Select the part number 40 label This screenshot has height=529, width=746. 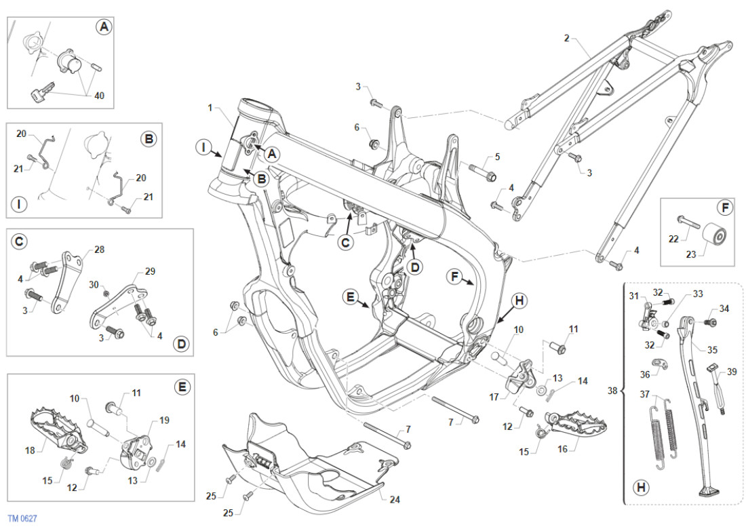coord(99,96)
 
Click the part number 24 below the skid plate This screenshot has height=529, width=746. coord(395,499)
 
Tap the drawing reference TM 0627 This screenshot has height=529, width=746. coord(22,518)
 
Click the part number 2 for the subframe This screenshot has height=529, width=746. coord(566,38)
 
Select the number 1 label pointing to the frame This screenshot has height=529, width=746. coord(210,108)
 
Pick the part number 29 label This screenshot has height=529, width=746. coord(150,271)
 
